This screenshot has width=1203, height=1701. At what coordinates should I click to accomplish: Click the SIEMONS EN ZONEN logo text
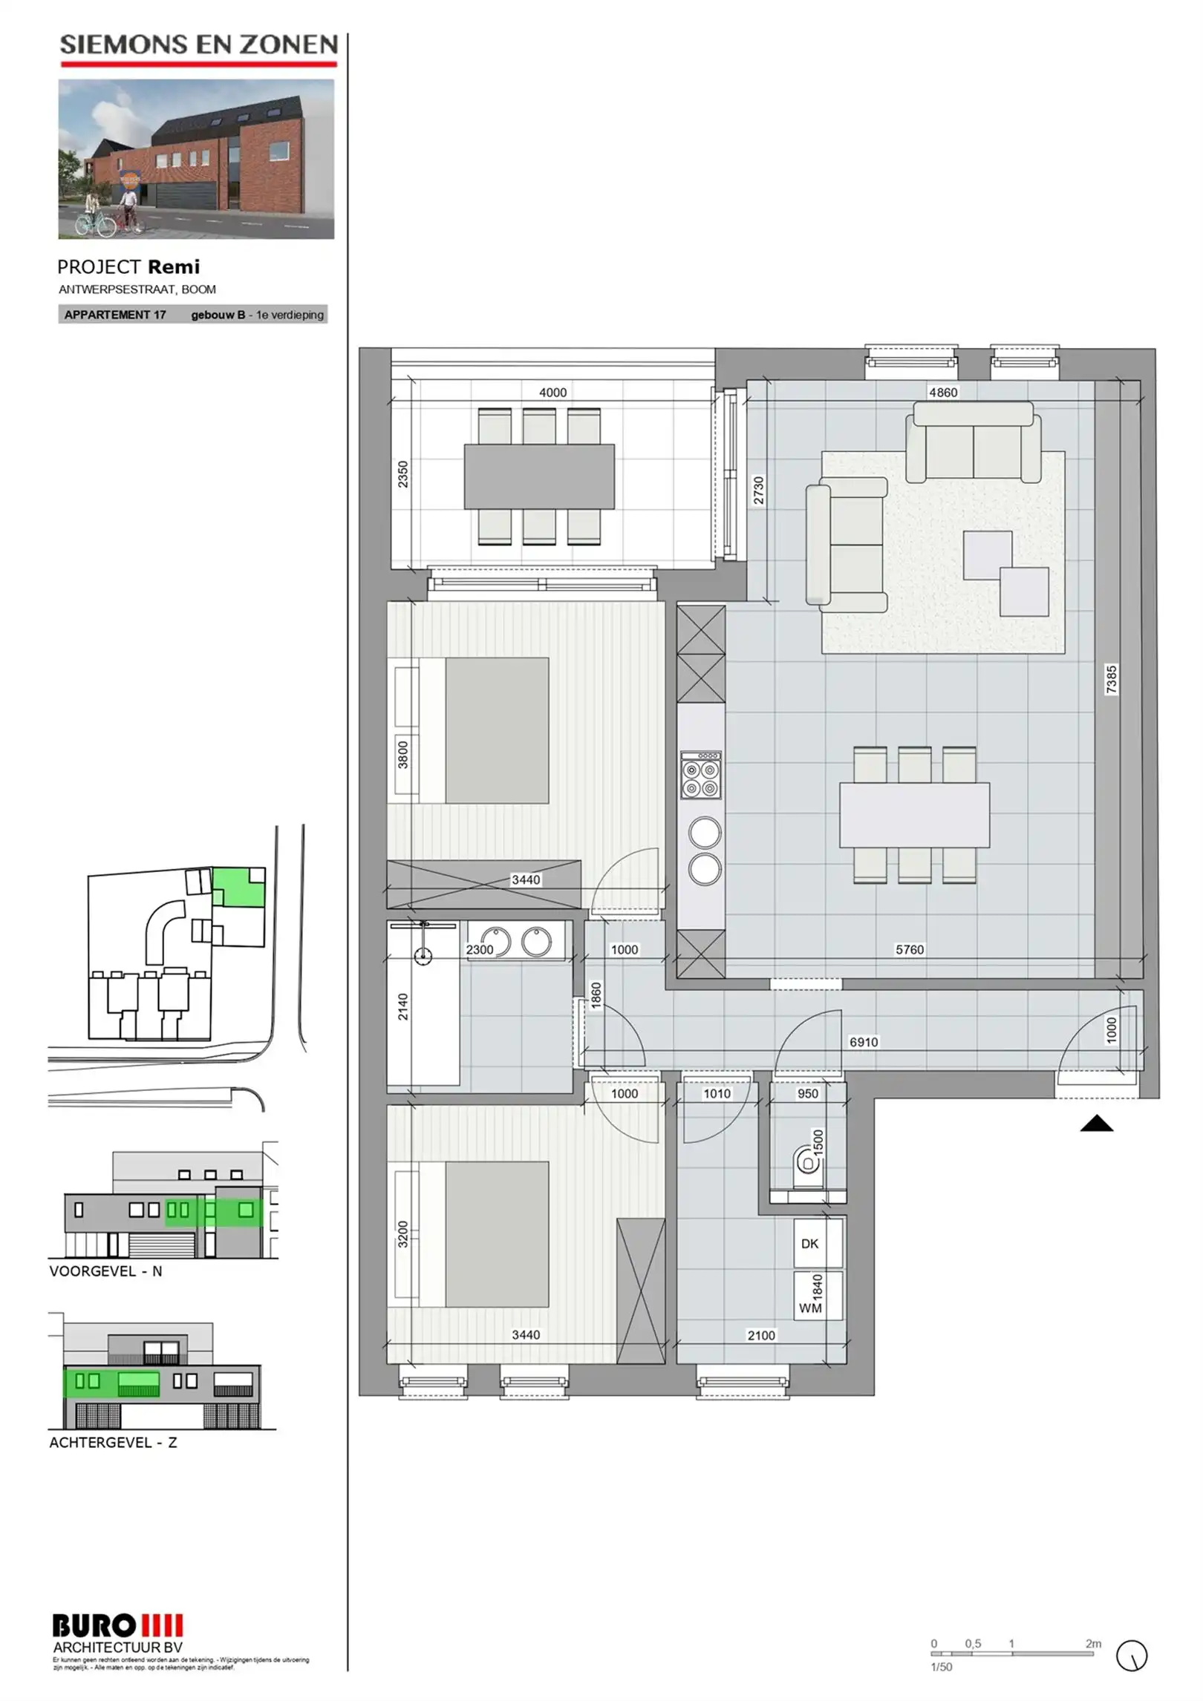198,45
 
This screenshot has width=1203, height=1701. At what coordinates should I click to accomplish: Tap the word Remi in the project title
174,267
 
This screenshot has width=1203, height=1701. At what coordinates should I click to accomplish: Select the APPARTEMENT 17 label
115,315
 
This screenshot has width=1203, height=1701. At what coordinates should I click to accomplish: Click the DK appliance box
818,1244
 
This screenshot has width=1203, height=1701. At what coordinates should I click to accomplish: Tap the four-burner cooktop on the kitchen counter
700,775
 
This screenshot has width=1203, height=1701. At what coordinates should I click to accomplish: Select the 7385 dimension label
1111,679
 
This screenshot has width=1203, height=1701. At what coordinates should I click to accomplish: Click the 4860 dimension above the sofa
943,392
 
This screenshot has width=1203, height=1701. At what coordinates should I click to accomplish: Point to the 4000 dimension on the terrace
552,392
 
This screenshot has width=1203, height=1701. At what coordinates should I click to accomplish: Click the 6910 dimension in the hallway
864,1042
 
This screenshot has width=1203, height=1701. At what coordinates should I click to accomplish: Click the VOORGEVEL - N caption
105,1271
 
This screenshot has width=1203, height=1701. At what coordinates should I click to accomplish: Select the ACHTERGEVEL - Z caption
113,1443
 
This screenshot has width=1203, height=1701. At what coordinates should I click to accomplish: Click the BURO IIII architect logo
117,1626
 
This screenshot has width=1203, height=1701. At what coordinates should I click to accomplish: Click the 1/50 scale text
941,1667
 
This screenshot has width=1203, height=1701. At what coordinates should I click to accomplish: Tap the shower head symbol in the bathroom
423,956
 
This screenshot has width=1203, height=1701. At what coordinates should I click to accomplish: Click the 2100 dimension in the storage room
761,1335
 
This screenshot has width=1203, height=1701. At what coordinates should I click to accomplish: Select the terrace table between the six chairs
539,476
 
